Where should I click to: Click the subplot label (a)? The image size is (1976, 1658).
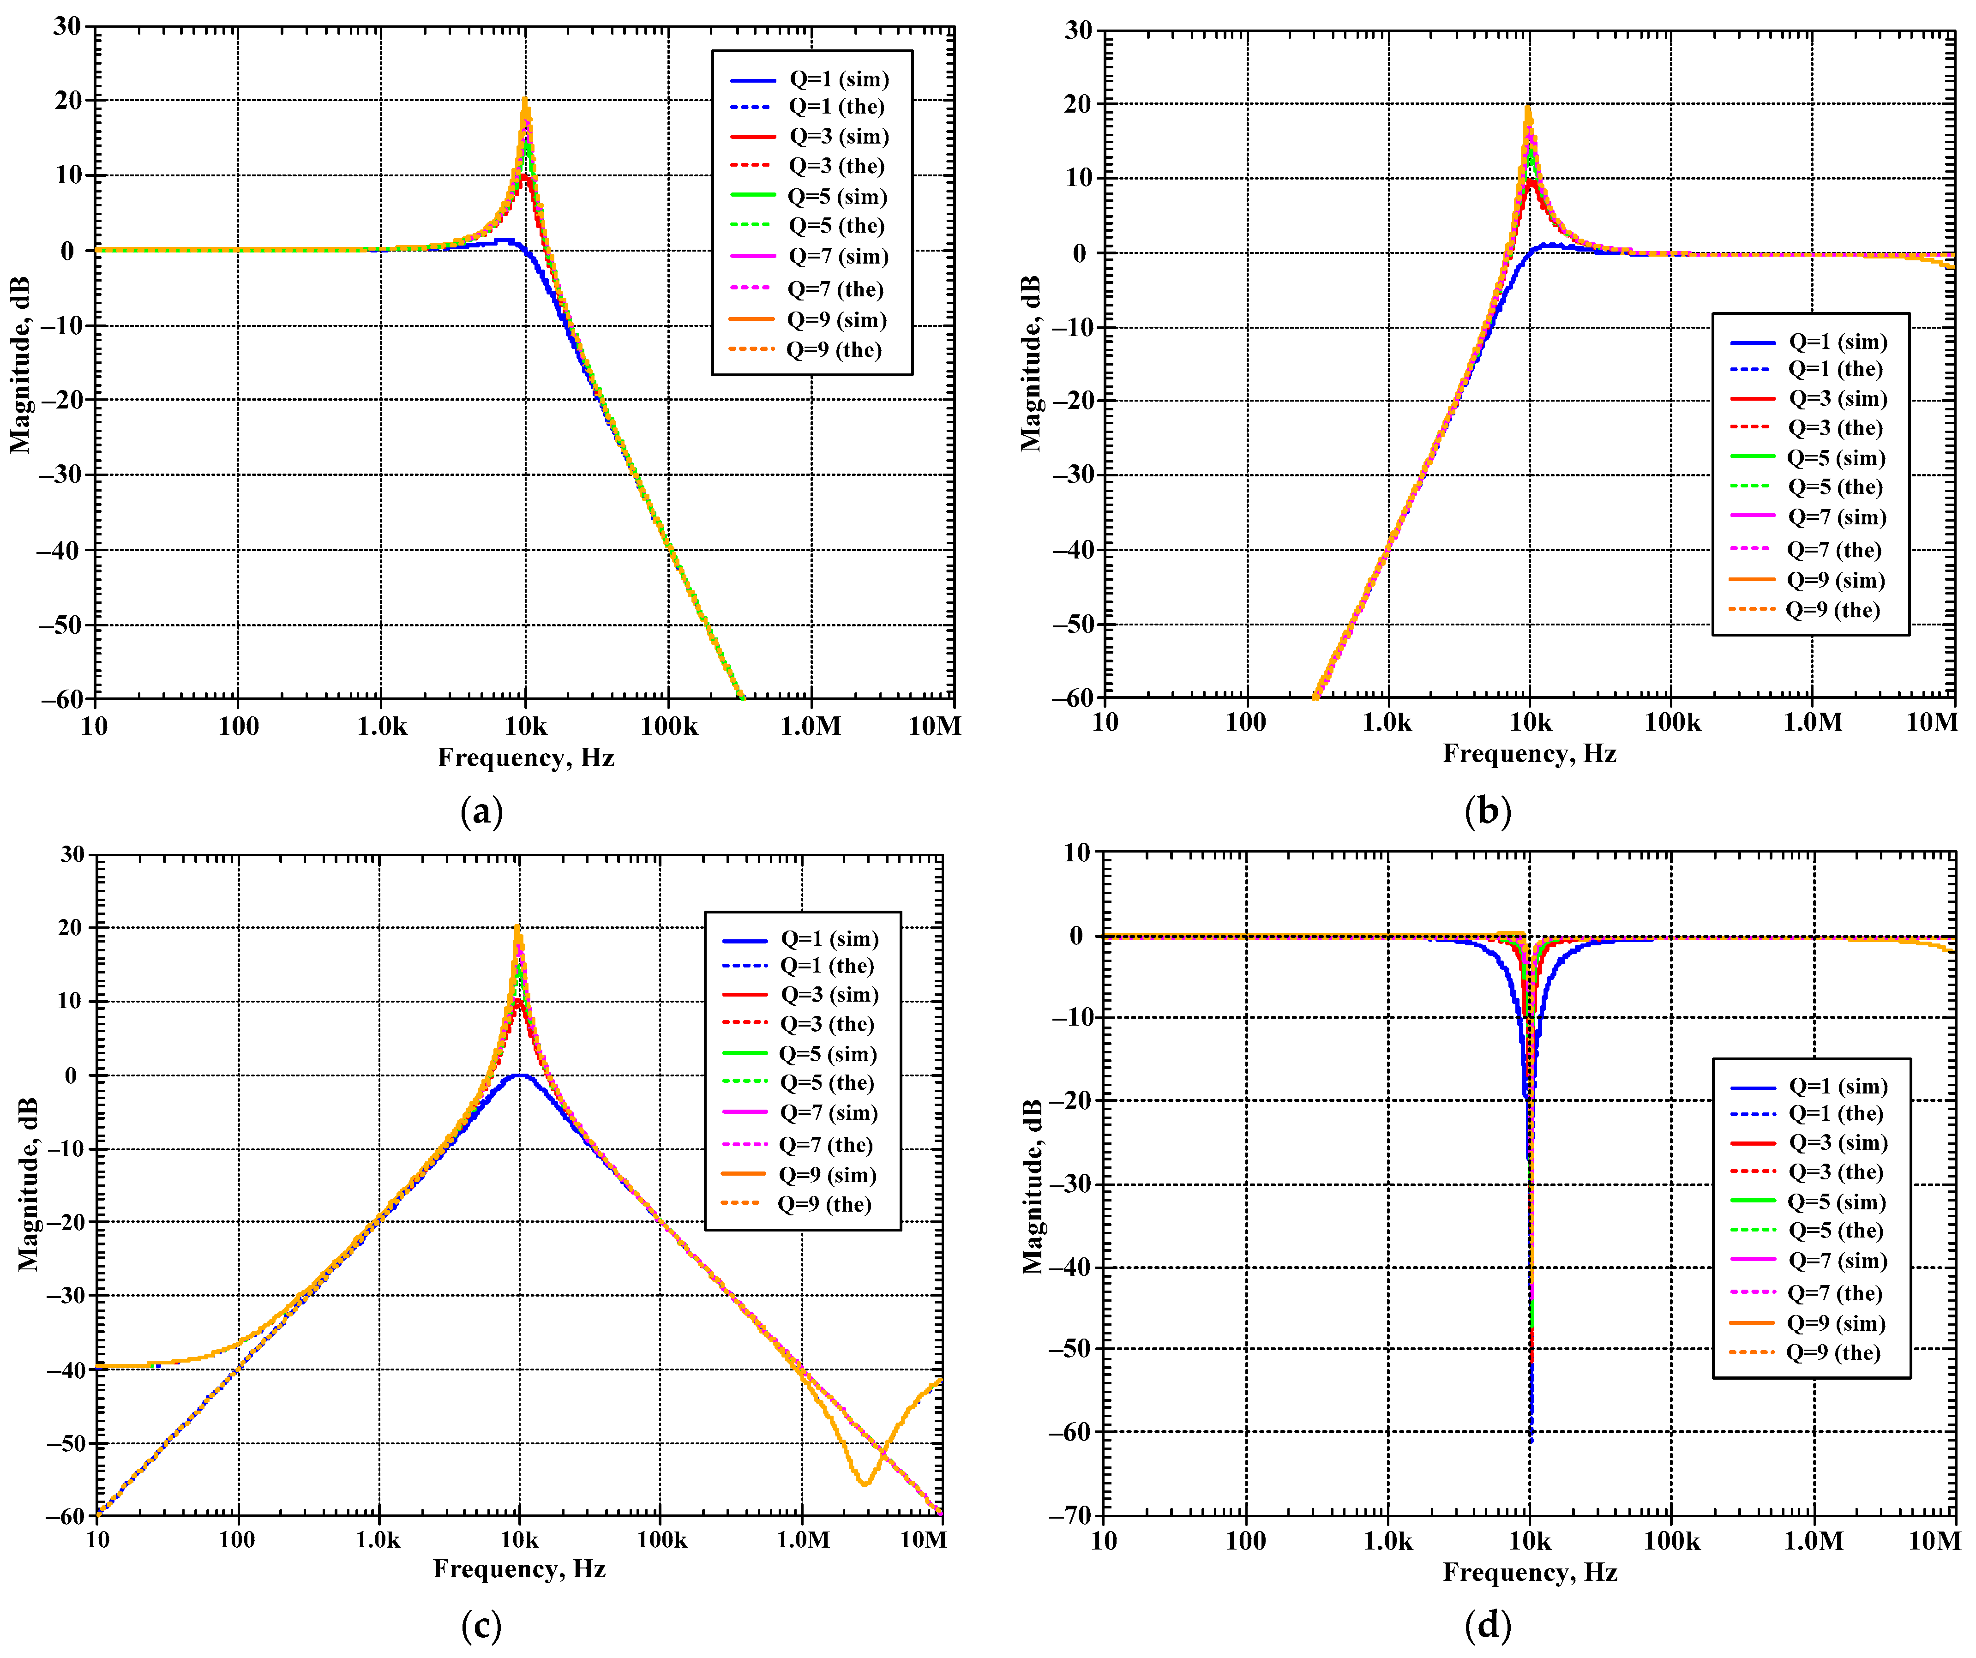(x=482, y=811)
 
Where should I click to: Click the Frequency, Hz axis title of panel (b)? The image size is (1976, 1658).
(x=1529, y=754)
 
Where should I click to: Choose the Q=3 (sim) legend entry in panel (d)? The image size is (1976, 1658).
(x=1837, y=1142)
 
